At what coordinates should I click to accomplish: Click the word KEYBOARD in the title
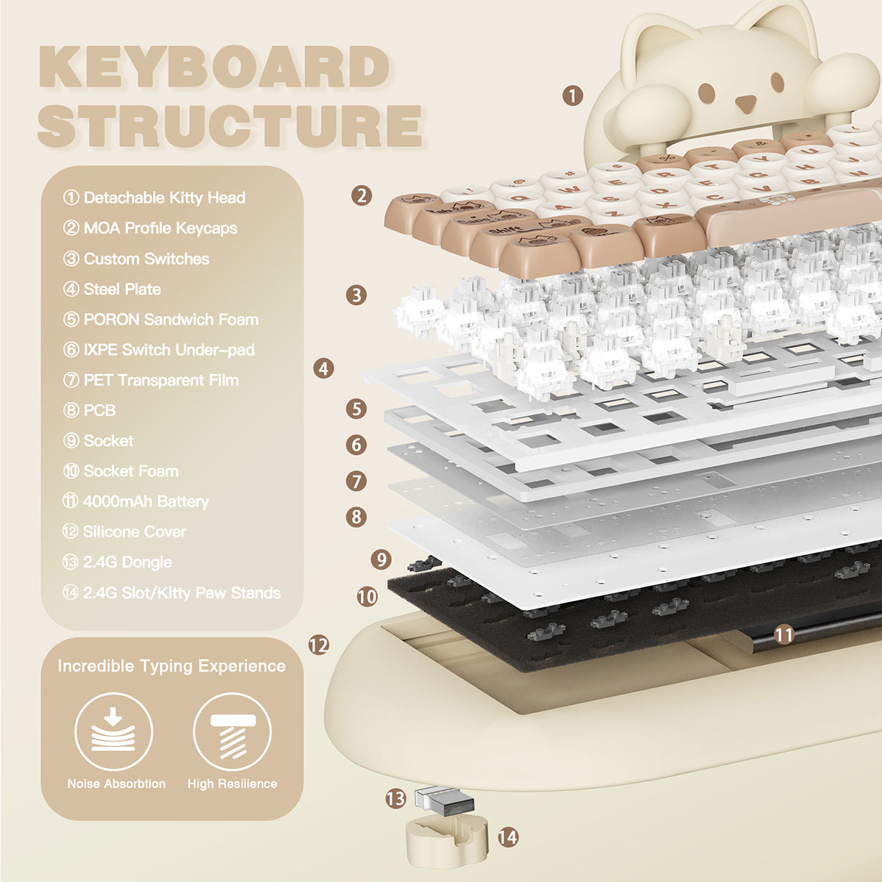[213, 68]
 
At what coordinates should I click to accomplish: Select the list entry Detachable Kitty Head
[154, 198]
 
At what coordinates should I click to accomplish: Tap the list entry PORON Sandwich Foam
[161, 320]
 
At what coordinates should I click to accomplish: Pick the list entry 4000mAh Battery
[136, 502]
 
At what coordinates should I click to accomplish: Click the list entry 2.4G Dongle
[118, 562]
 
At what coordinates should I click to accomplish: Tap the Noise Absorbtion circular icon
[114, 731]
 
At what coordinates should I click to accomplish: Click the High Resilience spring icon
[232, 731]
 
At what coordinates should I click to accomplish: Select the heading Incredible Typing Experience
[171, 667]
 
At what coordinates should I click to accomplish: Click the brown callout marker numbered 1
[573, 95]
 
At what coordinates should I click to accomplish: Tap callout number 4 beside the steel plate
[323, 368]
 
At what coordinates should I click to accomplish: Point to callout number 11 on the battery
[784, 634]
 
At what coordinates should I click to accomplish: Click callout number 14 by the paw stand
[508, 836]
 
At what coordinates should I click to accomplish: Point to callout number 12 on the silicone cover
[318, 645]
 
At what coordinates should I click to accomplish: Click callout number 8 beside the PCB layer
[356, 516]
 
